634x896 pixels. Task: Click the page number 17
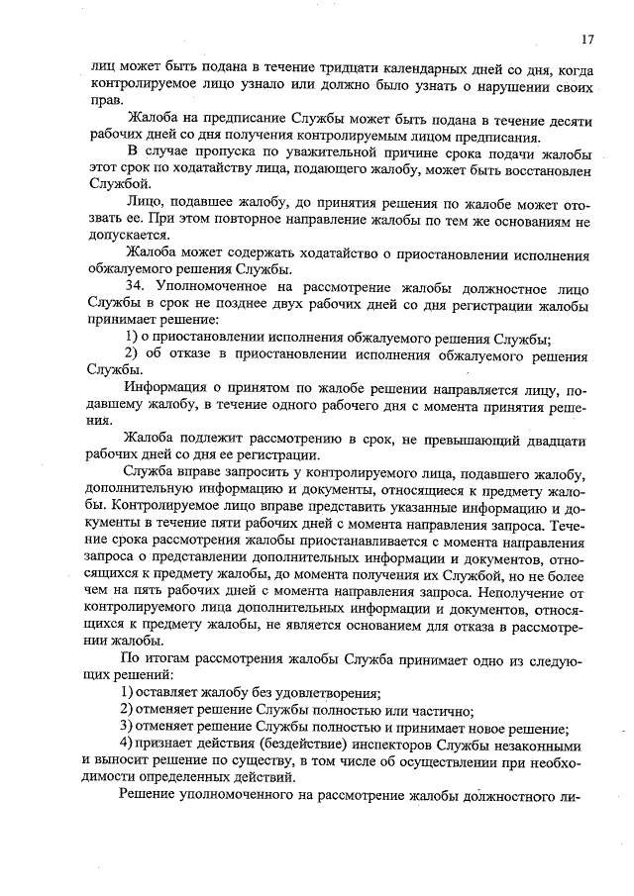(x=587, y=40)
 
